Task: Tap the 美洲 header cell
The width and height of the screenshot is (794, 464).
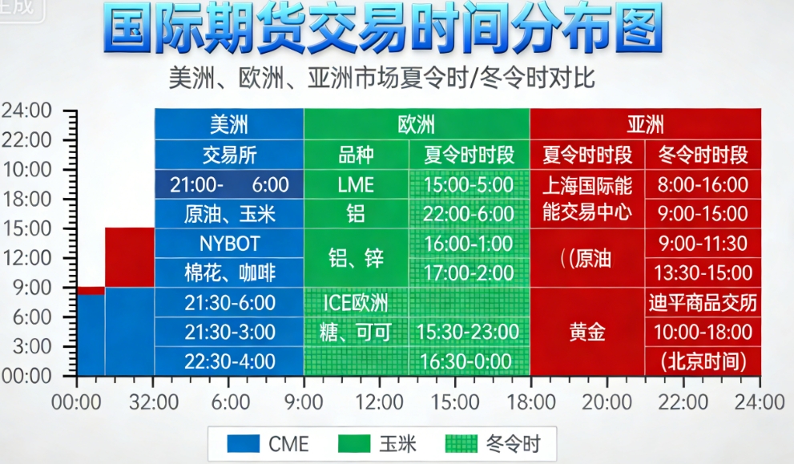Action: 229,124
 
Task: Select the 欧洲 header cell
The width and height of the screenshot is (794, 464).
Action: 417,124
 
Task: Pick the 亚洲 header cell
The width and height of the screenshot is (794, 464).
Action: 645,124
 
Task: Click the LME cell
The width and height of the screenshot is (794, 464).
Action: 356,184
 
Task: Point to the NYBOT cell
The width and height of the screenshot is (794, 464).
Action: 229,244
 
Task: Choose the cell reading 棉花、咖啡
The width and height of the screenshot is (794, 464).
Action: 229,273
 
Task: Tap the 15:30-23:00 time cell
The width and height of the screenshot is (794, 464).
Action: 469,332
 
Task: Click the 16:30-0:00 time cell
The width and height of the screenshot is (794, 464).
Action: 469,361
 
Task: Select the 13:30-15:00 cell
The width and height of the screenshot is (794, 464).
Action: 703,273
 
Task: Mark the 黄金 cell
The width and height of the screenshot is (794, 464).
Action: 587,332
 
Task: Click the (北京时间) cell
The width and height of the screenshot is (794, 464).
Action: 703,361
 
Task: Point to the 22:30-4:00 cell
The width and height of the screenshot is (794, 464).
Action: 229,361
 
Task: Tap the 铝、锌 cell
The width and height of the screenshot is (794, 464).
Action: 356,258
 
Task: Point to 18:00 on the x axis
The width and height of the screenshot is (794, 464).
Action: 530,399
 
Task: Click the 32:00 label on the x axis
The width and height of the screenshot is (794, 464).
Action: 153,399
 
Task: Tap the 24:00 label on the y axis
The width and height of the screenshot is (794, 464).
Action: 26,111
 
